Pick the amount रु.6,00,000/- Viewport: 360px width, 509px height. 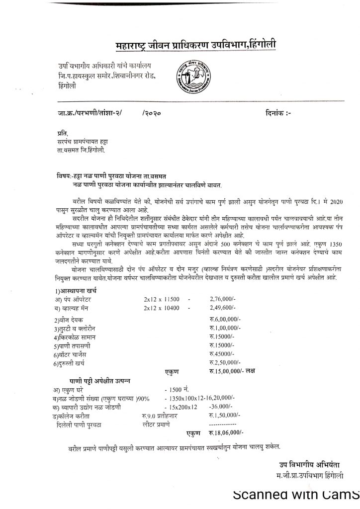click(x=225, y=320)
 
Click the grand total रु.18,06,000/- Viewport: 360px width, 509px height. click(x=227, y=432)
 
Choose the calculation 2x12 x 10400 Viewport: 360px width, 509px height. click(x=162, y=308)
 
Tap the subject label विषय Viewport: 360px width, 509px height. click(x=63, y=176)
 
